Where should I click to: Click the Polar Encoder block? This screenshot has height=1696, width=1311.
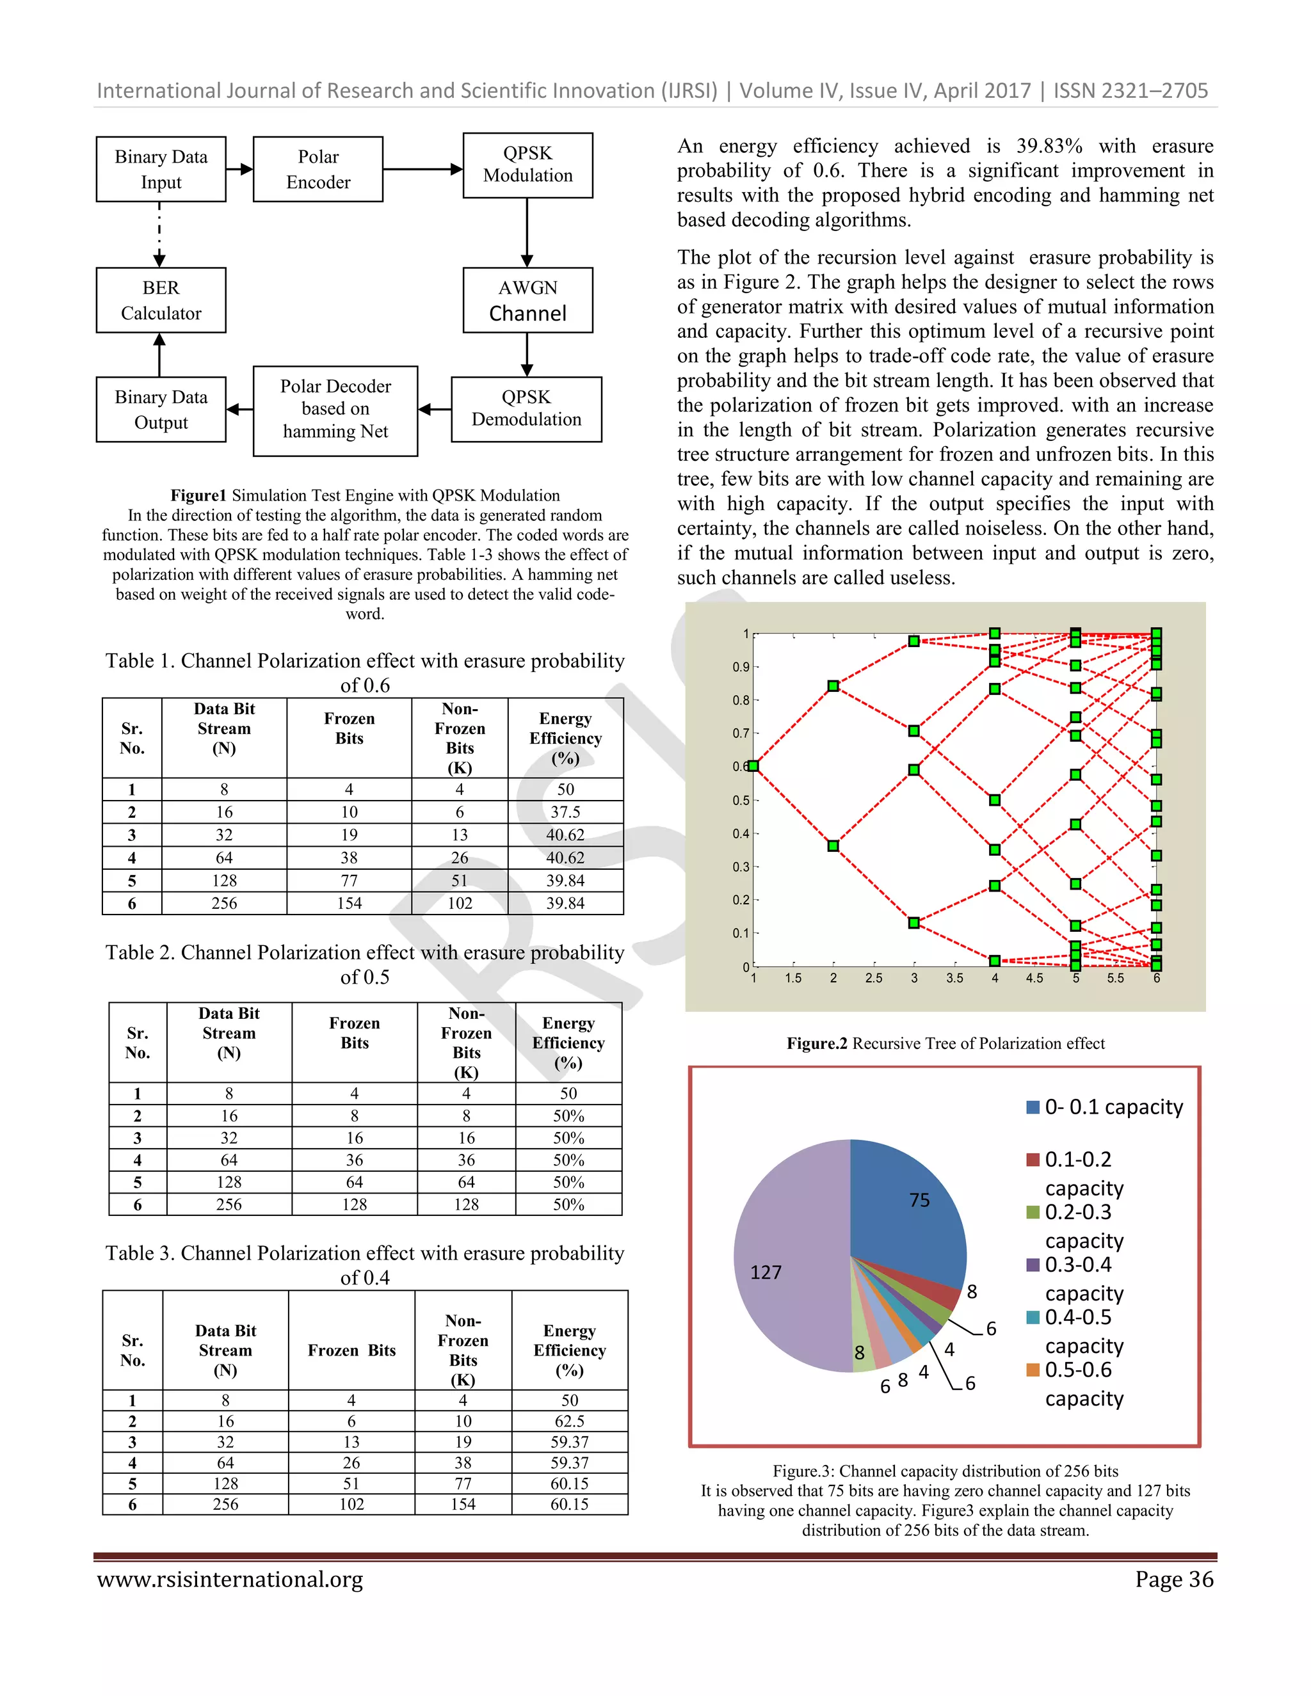[318, 170]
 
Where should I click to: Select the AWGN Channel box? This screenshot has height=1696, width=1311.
[527, 301]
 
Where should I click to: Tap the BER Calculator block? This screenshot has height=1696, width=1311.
[161, 301]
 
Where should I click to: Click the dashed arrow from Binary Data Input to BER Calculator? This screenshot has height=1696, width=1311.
[160, 234]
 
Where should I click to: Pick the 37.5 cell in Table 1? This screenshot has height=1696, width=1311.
[565, 812]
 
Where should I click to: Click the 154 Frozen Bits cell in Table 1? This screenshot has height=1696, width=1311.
[349, 903]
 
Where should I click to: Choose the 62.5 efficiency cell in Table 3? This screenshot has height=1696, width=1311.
[569, 1421]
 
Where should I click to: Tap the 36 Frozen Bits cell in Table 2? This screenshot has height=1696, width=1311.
[354, 1160]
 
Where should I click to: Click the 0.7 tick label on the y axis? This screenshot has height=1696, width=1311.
[740, 733]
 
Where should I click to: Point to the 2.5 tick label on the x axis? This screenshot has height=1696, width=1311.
[874, 979]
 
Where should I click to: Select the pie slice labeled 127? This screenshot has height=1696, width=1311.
[784, 1258]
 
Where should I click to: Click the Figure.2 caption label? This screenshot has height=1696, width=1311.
[816, 1044]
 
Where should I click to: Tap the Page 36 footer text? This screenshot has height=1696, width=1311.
[1173, 1580]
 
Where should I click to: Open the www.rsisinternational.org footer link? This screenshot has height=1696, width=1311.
[230, 1580]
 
